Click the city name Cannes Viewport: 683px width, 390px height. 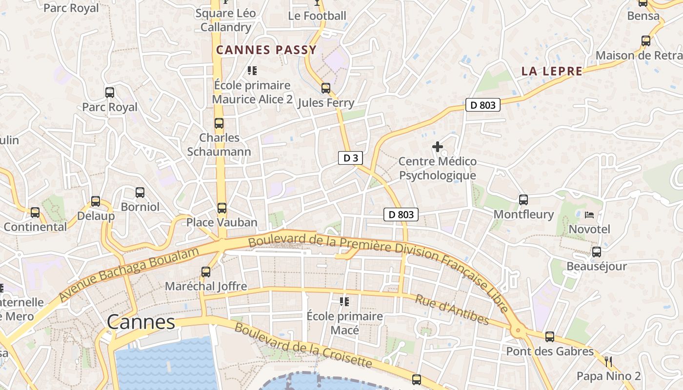(141, 322)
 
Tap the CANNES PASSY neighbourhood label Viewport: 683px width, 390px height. (266, 50)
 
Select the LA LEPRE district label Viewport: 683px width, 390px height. (552, 71)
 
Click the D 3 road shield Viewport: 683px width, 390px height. (351, 157)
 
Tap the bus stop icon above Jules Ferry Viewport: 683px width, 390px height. (325, 88)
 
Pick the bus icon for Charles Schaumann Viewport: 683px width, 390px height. (219, 123)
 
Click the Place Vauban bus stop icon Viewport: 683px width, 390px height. (222, 208)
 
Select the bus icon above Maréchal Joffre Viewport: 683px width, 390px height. (206, 272)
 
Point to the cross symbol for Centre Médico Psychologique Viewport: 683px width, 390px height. (438, 146)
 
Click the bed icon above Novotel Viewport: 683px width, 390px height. (589, 215)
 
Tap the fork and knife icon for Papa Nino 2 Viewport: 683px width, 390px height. (608, 361)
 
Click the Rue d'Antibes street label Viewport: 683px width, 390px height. (452, 309)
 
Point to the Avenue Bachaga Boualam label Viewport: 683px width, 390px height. (130, 274)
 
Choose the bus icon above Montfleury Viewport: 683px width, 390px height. (523, 199)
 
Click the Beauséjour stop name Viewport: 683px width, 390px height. (596, 267)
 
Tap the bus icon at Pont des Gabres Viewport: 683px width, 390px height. (550, 336)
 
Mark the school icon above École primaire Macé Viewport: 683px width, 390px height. (344, 302)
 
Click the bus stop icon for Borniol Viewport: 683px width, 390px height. (140, 193)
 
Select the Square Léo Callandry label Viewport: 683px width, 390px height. (225, 20)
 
